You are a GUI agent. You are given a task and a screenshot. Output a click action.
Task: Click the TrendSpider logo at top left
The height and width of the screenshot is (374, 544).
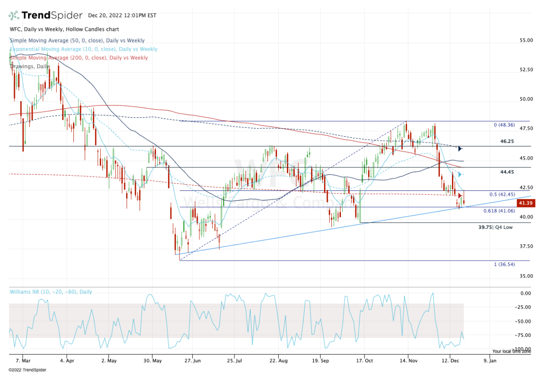(x=45, y=15)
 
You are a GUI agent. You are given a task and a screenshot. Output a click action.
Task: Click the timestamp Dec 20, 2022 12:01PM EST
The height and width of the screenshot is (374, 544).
(x=122, y=15)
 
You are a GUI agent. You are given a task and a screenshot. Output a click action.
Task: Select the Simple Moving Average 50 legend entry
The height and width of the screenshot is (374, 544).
(x=77, y=41)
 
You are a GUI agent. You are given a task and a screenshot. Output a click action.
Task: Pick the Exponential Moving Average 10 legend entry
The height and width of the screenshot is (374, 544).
(x=83, y=49)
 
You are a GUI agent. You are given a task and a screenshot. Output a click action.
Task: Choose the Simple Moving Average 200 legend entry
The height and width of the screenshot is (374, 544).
(x=78, y=58)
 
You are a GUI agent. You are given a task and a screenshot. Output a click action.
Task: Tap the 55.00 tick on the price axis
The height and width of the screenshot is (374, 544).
(x=526, y=40)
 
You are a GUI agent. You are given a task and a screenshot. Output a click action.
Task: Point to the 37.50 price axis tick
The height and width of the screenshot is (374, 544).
(x=526, y=247)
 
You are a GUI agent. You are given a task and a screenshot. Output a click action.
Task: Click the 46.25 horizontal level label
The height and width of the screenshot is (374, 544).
(x=507, y=141)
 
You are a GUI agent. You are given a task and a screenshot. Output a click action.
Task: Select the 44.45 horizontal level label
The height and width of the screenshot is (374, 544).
(x=507, y=172)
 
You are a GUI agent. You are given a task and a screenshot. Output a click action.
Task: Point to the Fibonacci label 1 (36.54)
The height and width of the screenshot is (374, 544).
(x=504, y=264)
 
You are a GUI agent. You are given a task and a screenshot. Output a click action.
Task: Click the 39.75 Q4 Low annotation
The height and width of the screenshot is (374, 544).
(x=495, y=228)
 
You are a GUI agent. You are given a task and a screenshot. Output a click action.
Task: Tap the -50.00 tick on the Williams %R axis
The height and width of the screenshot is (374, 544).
(x=525, y=321)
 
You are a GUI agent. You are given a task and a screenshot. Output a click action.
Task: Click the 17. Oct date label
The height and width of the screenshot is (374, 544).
(x=364, y=361)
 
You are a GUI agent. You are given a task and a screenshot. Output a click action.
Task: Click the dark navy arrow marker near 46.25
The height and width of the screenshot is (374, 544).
(x=460, y=149)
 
